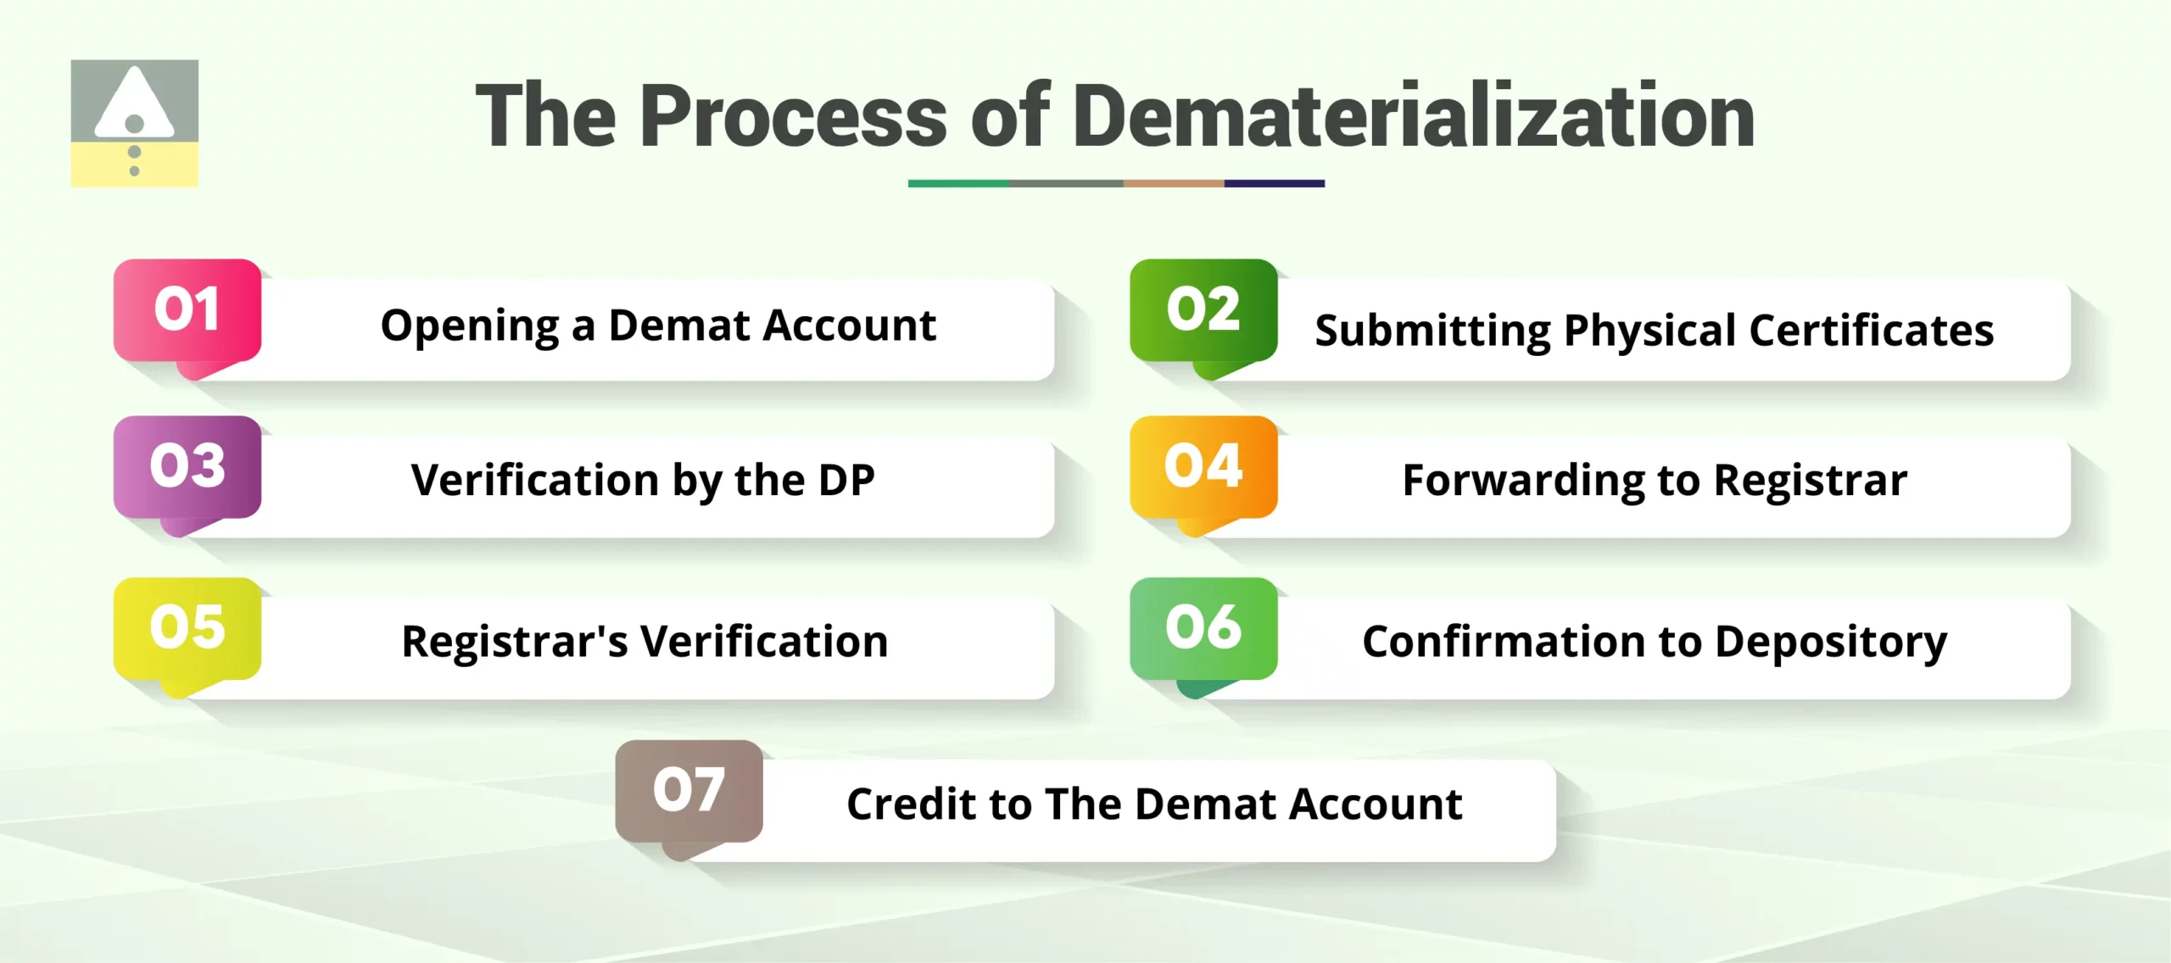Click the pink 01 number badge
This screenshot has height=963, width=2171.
187,310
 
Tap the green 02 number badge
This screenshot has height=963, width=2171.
1203,310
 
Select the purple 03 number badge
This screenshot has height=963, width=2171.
187,466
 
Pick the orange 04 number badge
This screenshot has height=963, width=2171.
1203,466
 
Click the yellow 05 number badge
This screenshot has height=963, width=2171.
187,628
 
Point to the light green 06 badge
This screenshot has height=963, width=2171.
1203,628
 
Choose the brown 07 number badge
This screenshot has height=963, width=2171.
689,791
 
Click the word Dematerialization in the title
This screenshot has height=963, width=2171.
1413,117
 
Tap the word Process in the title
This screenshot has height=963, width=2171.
793,117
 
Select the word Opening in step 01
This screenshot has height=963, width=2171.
470,327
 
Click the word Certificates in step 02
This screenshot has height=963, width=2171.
1871,331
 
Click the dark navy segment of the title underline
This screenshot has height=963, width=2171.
1274,183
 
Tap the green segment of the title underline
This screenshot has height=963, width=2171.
958,183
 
